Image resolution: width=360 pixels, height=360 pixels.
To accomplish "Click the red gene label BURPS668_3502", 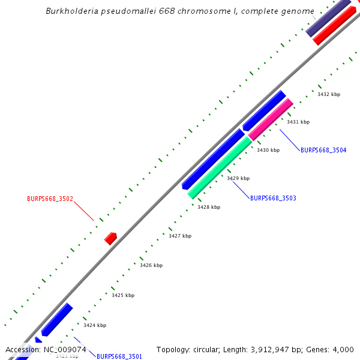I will [50, 199].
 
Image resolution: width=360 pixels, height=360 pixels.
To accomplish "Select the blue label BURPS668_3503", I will [273, 198].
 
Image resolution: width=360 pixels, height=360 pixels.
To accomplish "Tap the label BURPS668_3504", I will [323, 150].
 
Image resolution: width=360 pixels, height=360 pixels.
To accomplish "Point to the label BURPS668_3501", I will [119, 356].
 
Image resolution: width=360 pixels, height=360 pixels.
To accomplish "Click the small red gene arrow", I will [110, 238].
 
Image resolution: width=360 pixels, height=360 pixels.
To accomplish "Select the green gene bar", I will [220, 167].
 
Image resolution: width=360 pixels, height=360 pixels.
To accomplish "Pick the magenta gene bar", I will [271, 119].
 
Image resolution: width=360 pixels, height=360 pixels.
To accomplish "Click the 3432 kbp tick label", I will [329, 94].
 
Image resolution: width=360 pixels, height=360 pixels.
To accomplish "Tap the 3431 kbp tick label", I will [298, 122].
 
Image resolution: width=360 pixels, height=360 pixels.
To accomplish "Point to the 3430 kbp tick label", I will [268, 150].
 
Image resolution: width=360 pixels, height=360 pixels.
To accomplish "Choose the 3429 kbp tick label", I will [238, 178].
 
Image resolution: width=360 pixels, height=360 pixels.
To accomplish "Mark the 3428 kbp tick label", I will [209, 207].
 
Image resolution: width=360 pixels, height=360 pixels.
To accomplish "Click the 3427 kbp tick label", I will [180, 236].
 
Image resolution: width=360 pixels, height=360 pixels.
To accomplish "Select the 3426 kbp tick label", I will [151, 265].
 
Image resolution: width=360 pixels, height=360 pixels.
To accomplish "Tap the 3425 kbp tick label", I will [123, 295].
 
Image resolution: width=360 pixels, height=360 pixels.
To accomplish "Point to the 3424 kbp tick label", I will [95, 325].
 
